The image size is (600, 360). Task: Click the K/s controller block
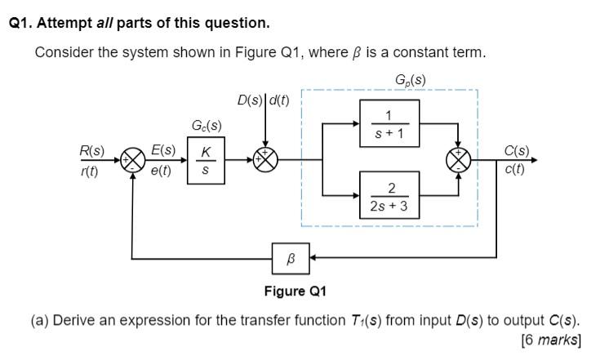206,160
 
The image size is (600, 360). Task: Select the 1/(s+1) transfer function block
389,123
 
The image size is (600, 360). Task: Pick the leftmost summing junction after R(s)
132,159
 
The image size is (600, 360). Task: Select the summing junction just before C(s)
457,159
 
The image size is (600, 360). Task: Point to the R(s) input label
91,150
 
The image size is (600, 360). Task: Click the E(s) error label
163,150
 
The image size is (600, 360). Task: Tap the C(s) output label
516,150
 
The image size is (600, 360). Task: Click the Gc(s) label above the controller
206,126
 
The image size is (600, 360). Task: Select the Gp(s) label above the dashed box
408,79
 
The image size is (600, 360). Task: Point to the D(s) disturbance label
250,100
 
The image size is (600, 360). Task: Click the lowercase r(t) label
91,170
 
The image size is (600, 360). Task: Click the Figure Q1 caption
295,291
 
